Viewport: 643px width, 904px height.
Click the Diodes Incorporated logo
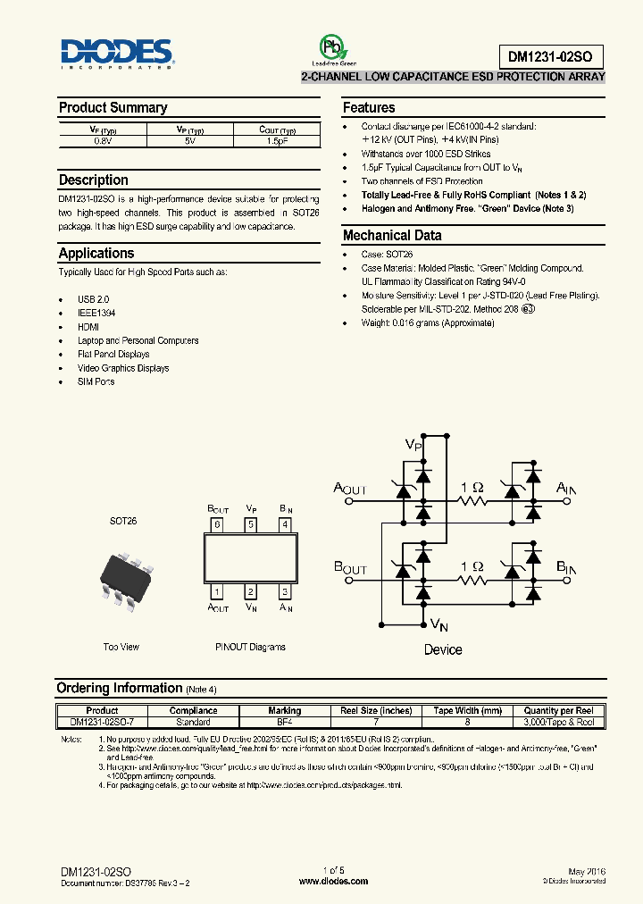click(117, 54)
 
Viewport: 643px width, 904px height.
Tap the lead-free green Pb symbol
click(332, 46)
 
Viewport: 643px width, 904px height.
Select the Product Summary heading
click(113, 107)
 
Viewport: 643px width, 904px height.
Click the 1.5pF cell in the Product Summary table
click(276, 141)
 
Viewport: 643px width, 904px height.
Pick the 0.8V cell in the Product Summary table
click(103, 141)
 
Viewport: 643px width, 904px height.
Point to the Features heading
click(369, 107)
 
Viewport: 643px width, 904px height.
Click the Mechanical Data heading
click(392, 236)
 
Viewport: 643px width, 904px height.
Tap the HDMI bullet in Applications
click(88, 327)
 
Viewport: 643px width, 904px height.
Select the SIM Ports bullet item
click(96, 381)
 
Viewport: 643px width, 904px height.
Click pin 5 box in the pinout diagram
click(251, 524)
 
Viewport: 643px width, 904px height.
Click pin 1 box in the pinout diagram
click(217, 591)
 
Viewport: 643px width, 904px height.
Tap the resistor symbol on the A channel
click(472, 502)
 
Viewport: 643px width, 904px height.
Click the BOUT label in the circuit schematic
click(350, 568)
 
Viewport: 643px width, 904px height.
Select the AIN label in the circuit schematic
click(566, 488)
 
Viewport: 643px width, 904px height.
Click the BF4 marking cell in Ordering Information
click(284, 722)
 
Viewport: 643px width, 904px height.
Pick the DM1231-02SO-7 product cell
click(102, 722)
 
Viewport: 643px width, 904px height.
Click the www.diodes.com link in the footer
click(333, 881)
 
